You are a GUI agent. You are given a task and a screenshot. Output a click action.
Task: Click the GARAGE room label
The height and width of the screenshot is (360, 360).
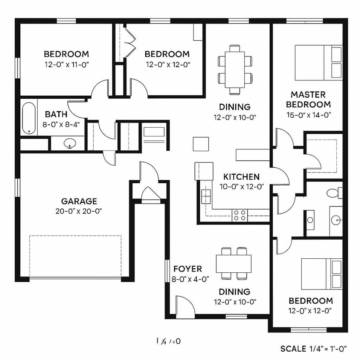click(79, 201)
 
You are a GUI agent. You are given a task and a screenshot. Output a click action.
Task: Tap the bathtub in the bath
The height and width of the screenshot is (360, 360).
click(28, 118)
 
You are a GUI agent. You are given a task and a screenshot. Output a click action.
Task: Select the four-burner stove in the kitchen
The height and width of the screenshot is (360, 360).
click(240, 215)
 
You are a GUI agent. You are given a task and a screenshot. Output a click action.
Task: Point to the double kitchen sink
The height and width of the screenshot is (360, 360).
click(206, 197)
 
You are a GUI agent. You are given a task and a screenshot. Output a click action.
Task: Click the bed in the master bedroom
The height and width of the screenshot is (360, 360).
click(318, 62)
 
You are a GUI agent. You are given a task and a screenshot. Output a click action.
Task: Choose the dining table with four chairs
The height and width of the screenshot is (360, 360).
click(234, 264)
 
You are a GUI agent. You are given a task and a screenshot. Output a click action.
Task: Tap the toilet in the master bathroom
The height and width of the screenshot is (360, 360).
click(333, 193)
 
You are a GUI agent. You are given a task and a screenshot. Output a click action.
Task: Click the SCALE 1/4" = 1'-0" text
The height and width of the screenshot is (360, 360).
click(314, 348)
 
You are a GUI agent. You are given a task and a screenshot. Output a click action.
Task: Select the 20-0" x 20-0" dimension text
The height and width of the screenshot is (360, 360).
click(79, 211)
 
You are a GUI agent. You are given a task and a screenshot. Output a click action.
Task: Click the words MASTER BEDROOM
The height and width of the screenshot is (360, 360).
click(308, 100)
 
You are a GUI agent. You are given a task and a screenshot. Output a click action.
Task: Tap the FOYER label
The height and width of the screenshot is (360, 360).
click(188, 269)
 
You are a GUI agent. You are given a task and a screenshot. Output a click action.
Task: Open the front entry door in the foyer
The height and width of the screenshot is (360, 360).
click(185, 307)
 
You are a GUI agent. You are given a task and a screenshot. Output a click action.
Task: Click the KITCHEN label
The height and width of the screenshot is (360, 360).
click(241, 176)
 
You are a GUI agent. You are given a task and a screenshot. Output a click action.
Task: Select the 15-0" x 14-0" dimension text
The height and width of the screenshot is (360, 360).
click(308, 115)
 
